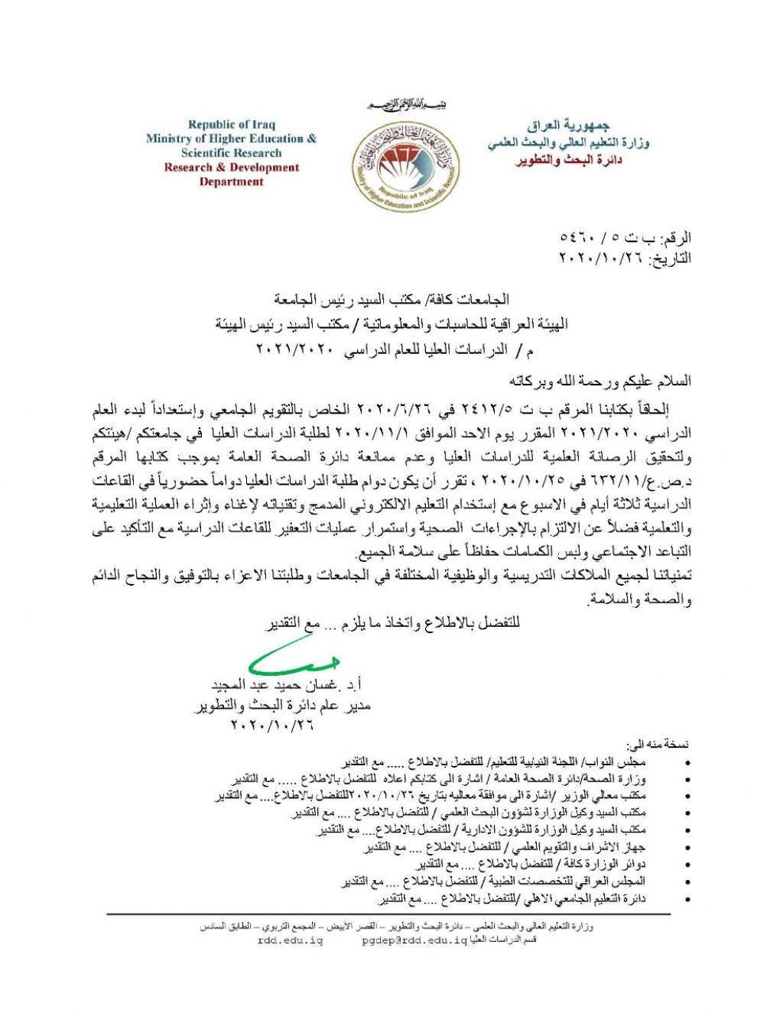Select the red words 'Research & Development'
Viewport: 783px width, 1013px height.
tap(232, 167)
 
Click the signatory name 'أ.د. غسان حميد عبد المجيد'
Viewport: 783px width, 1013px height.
tap(294, 683)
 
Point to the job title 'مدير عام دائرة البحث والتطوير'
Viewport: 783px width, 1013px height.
tap(281, 706)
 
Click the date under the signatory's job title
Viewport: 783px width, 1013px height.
tap(271, 725)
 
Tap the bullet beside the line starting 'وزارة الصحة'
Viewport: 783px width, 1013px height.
tap(691, 780)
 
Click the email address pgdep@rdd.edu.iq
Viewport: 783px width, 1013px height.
tap(414, 940)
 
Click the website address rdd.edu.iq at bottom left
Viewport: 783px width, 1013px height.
tap(291, 940)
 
